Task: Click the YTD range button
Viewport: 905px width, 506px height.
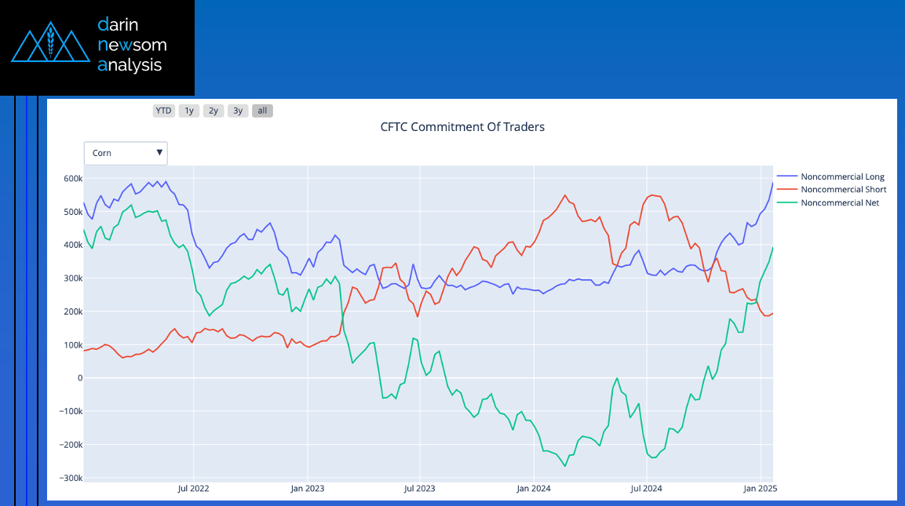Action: (x=163, y=111)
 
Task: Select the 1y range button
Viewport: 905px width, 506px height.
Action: (x=188, y=111)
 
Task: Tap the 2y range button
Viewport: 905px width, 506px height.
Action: (x=213, y=111)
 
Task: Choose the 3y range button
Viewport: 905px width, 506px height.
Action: (x=238, y=111)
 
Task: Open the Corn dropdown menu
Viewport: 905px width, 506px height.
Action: (x=126, y=153)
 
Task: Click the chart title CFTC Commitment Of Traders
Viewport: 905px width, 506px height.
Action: (x=462, y=127)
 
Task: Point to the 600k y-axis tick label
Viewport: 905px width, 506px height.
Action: (x=73, y=179)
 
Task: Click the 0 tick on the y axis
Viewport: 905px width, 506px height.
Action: (x=79, y=378)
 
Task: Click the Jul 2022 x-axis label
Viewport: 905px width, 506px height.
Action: (x=194, y=489)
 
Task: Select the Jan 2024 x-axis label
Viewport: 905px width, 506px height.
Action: (x=534, y=489)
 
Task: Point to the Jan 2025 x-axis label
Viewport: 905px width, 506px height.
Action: (x=760, y=489)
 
